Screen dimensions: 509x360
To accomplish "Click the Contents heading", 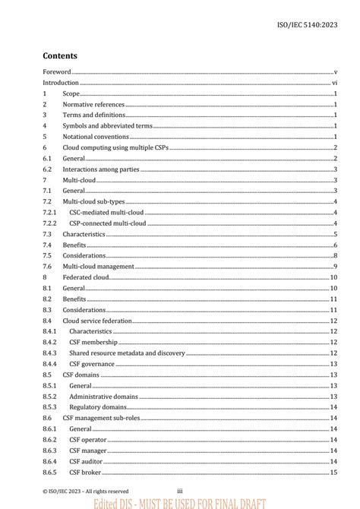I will coord(60,55).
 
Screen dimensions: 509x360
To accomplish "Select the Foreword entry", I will coord(56,71).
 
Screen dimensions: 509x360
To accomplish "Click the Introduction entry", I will coord(61,82).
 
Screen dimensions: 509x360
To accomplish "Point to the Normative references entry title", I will coord(93,104).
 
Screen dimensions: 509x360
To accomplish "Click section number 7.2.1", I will coord(49,213).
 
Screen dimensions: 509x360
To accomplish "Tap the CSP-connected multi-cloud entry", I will coord(107,223).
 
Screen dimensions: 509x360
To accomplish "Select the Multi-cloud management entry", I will coord(98,267).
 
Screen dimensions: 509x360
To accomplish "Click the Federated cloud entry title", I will coord(86,278).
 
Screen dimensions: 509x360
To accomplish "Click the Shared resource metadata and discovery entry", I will coord(127,353).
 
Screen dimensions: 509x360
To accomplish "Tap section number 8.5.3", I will coord(49,407).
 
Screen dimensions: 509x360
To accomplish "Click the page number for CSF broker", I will coord(333,473).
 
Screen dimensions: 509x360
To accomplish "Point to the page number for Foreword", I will coord(335,71).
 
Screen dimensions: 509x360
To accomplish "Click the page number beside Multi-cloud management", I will coord(335,267).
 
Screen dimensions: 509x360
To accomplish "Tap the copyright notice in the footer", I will coord(85,492).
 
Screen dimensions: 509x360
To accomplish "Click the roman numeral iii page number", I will coord(180,491).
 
